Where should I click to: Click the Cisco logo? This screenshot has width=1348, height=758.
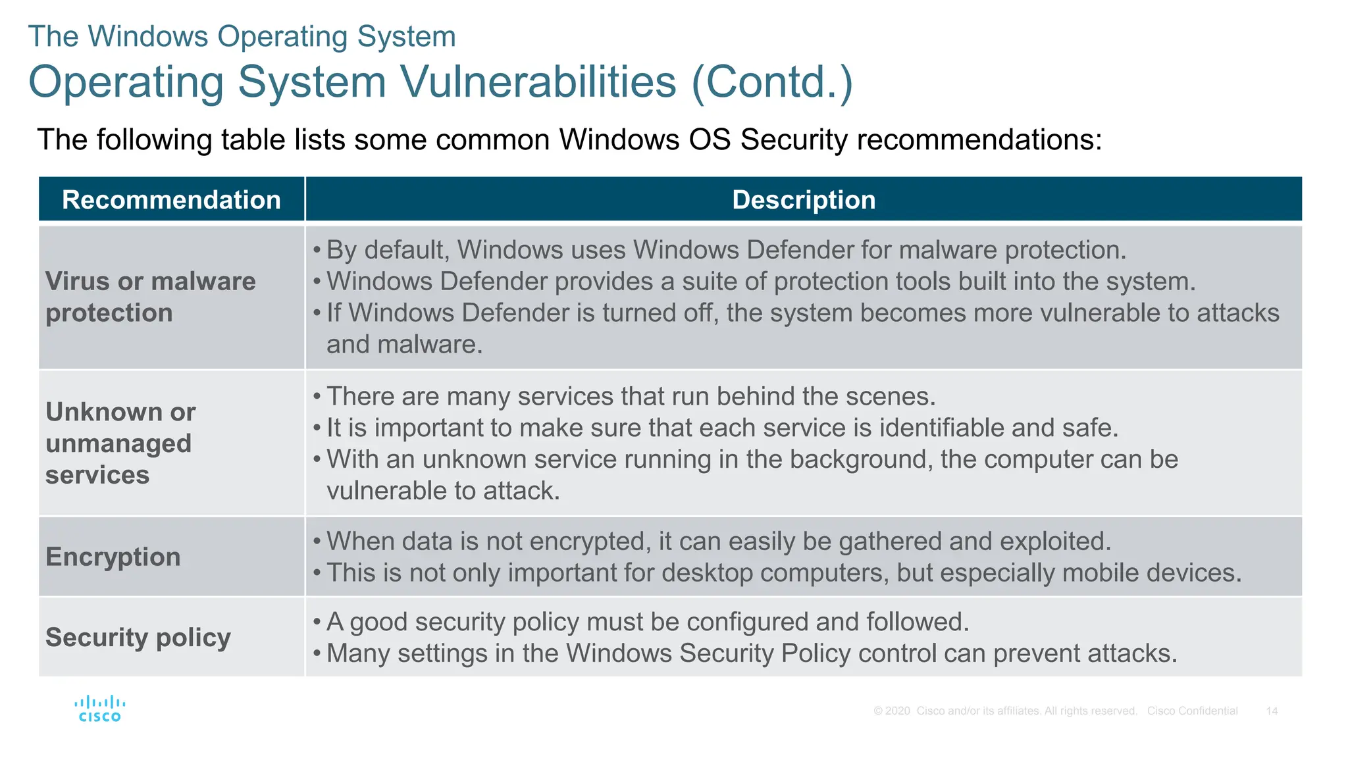coord(99,709)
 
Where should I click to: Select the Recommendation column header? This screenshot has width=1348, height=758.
coord(171,199)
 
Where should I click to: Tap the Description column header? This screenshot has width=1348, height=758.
coord(804,199)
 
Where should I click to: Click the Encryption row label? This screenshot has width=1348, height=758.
coord(113,557)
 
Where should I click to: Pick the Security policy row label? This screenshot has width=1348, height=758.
coord(138,637)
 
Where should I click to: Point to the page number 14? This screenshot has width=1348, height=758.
coord(1272,711)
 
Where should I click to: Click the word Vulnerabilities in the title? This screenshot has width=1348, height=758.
coord(538,82)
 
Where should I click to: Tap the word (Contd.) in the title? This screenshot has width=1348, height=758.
coord(772,82)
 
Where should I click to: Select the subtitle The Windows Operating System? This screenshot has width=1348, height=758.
coord(242,36)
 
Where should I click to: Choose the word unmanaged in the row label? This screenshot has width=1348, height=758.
coord(118,443)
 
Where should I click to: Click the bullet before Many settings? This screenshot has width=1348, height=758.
coord(317,654)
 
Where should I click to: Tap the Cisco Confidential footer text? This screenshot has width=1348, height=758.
coord(1192,711)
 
